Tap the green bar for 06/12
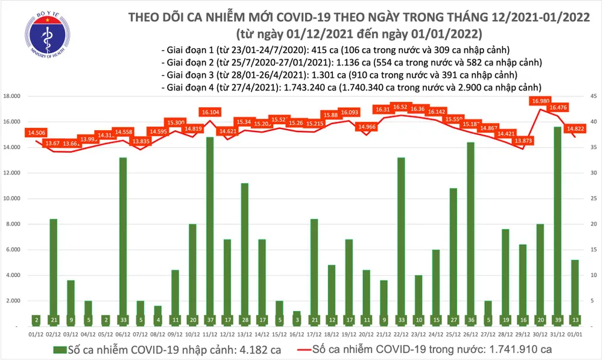point(123,241)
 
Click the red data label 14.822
point(574,128)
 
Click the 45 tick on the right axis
point(593,96)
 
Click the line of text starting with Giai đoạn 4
point(350,86)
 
